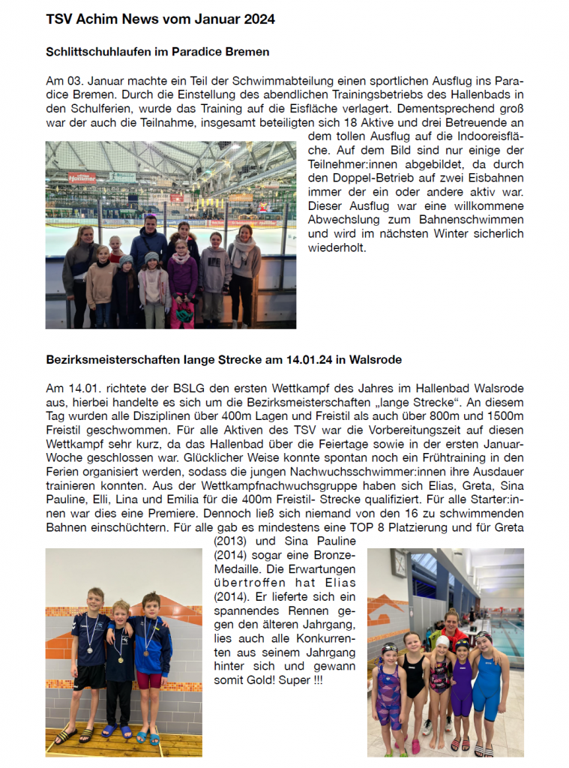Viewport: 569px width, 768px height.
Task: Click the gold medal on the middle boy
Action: pos(120,660)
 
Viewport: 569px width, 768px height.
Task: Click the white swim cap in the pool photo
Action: pos(442,642)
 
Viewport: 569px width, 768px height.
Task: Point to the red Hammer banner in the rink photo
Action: pos(82,178)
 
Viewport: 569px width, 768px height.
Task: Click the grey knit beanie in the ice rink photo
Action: pos(126,260)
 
